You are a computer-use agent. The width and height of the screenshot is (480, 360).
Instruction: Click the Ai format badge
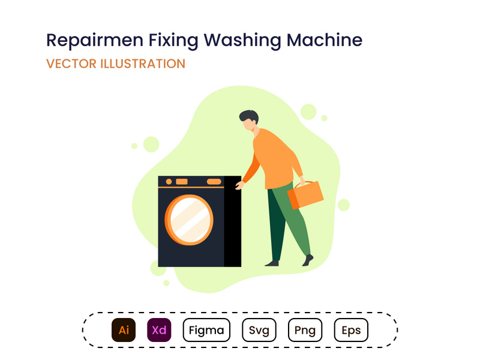point(124,330)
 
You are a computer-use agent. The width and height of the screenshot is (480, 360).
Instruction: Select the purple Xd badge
point(159,330)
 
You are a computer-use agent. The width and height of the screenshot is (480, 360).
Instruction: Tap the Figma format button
point(206,330)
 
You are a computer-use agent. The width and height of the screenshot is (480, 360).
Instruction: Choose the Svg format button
point(259,330)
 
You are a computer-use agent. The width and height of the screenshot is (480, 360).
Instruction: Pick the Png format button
point(305,330)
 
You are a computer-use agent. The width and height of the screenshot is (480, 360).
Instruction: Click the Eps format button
point(351,330)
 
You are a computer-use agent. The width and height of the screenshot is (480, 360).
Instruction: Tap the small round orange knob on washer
point(169,181)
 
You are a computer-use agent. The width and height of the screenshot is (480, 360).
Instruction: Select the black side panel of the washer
point(232,222)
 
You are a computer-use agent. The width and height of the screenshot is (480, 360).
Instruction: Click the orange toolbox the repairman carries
point(306,194)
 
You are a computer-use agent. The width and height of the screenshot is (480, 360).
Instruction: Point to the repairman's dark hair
point(248,116)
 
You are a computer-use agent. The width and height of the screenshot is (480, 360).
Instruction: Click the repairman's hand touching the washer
point(239,185)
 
